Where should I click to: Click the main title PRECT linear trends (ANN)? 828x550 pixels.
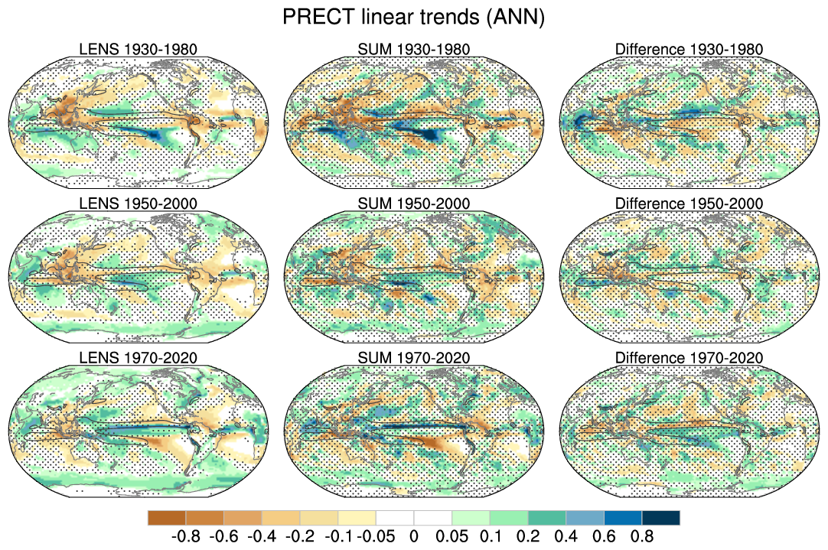click(x=413, y=18)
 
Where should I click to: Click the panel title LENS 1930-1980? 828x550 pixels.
click(x=139, y=50)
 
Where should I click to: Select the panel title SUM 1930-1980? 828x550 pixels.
click(x=414, y=50)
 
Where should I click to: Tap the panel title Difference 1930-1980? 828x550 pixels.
click(x=689, y=50)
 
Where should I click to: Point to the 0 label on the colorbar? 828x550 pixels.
click(x=413, y=536)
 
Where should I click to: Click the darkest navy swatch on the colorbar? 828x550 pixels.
click(x=660, y=518)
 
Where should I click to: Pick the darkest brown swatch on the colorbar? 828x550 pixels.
click(x=166, y=518)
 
